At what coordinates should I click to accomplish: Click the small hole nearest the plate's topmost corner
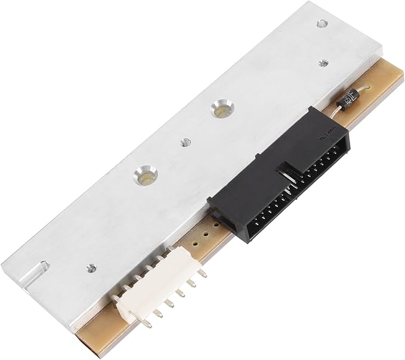tap(322, 24)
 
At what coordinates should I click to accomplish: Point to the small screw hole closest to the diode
tap(323, 61)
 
